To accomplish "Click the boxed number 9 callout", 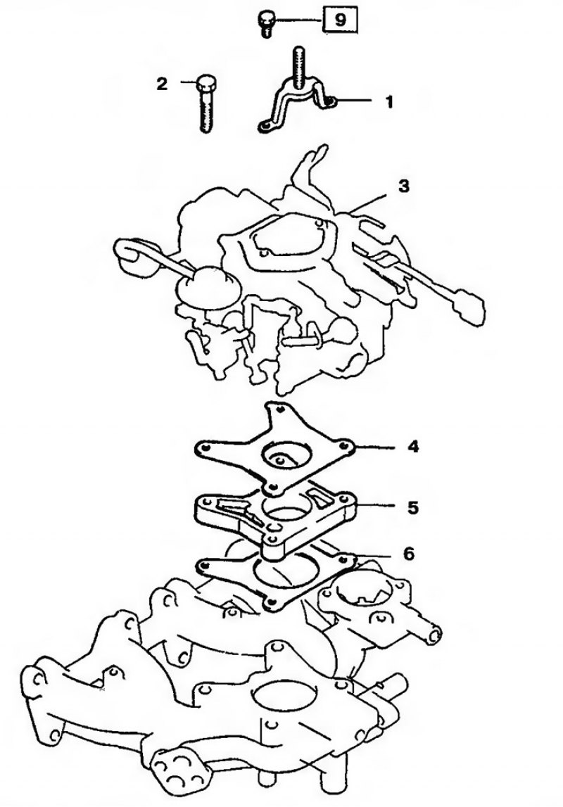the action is [340, 21].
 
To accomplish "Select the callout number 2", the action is [162, 84].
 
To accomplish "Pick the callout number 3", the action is [404, 186].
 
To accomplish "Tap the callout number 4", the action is [413, 447].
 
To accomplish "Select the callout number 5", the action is [412, 508].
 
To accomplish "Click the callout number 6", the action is [408, 554].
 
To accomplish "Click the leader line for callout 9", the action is [298, 20].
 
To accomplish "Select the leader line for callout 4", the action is [374, 447].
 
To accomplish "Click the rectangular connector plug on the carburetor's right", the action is [468, 306].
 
